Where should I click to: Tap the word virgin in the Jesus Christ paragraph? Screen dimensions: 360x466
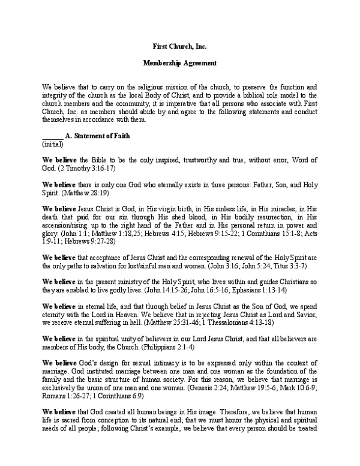point(163,208)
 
